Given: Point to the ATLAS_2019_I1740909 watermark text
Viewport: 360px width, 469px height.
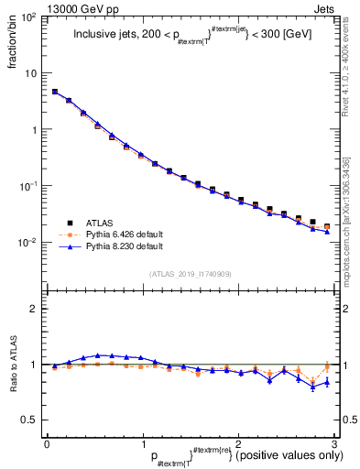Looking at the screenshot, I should tap(191, 274).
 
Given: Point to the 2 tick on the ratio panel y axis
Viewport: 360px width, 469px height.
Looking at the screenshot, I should tap(35, 309).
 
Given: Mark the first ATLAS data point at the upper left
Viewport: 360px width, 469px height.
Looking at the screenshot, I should tap(55, 92).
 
